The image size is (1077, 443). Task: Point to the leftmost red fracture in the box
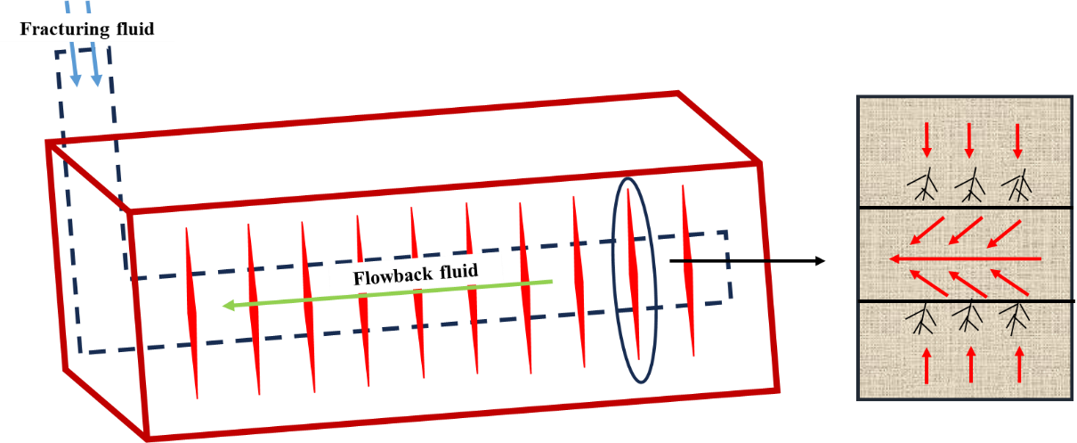tap(191, 312)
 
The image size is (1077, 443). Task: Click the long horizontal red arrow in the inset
tap(965, 258)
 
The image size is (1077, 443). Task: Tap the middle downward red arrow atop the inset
tap(970, 140)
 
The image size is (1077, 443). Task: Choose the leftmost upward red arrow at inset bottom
tap(926, 365)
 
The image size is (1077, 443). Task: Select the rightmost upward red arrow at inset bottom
tap(1019, 365)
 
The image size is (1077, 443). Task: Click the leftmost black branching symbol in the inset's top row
tap(923, 185)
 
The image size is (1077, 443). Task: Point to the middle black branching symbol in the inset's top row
tap(969, 185)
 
